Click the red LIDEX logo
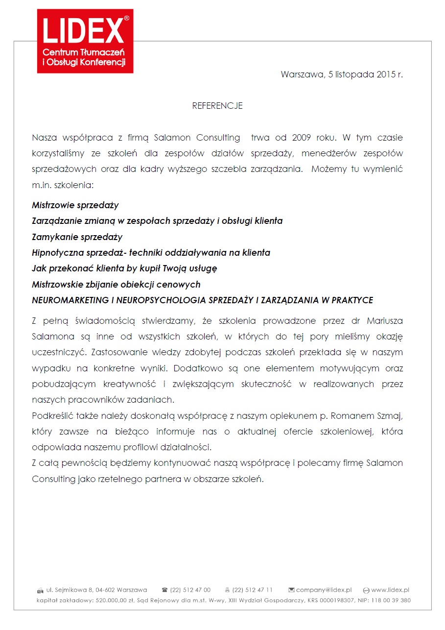(85, 41)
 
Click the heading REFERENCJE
(217, 106)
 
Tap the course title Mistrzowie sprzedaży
(75, 205)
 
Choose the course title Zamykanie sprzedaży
(77, 237)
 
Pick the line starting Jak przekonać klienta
(124, 268)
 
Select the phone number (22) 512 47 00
(190, 590)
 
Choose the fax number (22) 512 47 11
(253, 590)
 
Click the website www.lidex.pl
(390, 590)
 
